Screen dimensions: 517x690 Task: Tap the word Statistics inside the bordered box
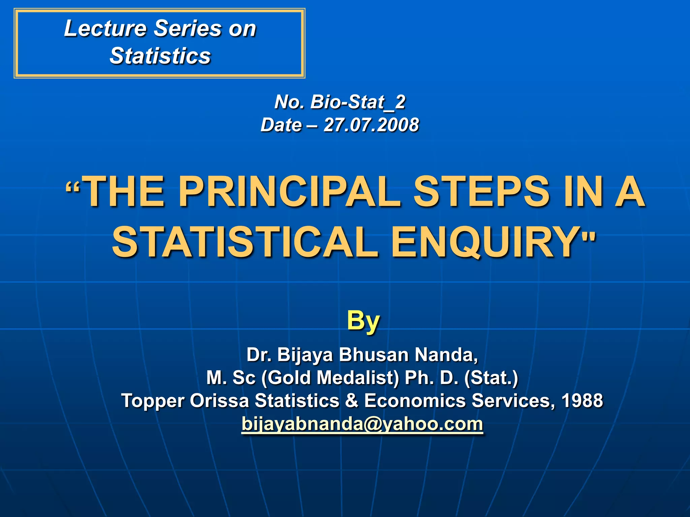(160, 56)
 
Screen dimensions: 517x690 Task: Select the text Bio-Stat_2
(358, 102)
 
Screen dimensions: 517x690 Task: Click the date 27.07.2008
(371, 125)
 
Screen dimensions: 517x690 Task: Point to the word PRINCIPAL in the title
(289, 192)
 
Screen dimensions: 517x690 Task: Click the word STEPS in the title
(482, 192)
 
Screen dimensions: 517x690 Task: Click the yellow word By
(363, 320)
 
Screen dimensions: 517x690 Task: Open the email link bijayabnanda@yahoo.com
(362, 424)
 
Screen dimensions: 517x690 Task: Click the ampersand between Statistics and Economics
(352, 401)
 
